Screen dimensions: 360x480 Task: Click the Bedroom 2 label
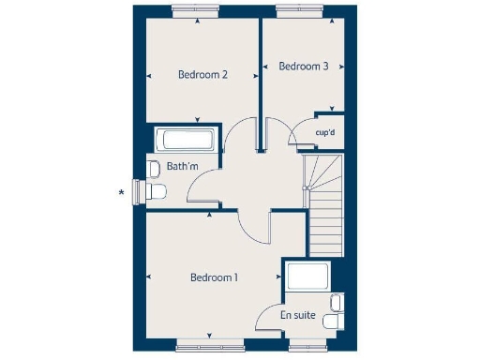[x=203, y=75]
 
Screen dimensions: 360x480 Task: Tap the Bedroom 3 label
[x=304, y=67]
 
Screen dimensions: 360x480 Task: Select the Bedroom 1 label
[x=214, y=277]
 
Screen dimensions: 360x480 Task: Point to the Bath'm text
[x=183, y=168]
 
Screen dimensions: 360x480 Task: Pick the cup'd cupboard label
[x=325, y=133]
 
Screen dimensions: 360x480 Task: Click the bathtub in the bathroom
[x=187, y=141]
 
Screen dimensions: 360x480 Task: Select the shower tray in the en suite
[x=307, y=277]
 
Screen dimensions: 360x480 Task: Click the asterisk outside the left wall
[x=121, y=194]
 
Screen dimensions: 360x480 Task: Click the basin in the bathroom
[x=152, y=169]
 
